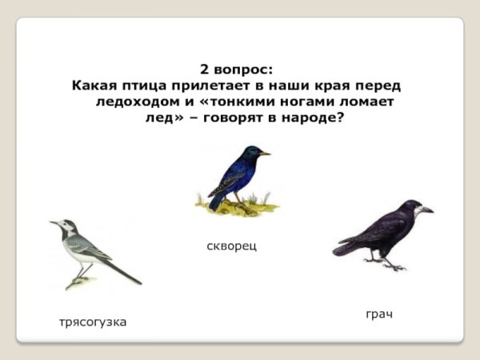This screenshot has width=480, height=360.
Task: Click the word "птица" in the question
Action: coord(142,85)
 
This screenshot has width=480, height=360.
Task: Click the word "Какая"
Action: coord(93,85)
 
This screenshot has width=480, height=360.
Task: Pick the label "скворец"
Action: coord(232,246)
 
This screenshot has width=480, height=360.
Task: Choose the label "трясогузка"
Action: coord(93,322)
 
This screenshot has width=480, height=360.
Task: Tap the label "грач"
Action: coord(379,314)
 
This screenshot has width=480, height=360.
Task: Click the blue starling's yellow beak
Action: coord(265,153)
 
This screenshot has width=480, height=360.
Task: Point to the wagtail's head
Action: coord(65,226)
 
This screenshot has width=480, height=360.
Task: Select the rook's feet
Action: coord(388,264)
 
